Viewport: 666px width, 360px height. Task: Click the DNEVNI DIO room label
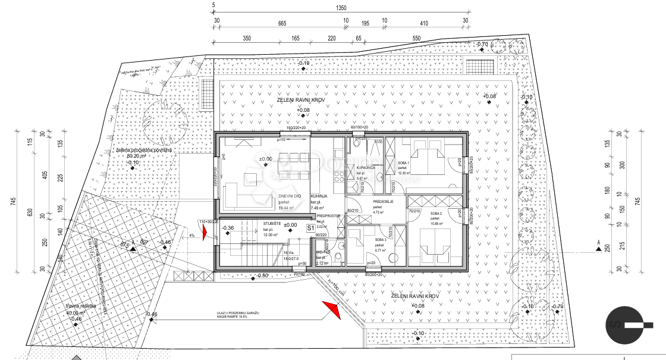(x=290, y=196)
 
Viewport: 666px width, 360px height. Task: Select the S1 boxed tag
(x=310, y=227)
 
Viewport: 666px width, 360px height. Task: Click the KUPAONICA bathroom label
(x=365, y=168)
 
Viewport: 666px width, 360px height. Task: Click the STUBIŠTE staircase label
(x=272, y=224)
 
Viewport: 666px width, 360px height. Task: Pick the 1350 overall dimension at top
(x=341, y=9)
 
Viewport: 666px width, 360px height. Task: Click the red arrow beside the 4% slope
(x=205, y=231)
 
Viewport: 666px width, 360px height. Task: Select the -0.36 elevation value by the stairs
(x=228, y=228)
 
